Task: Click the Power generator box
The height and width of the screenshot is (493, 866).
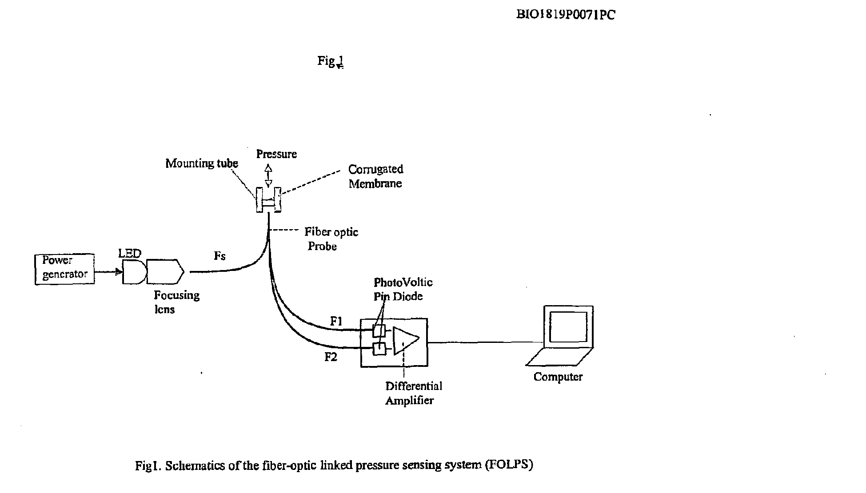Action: pyautogui.click(x=65, y=269)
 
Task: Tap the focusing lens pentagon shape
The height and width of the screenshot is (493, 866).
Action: pyautogui.click(x=165, y=271)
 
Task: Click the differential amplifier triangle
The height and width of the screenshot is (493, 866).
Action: pyautogui.click(x=406, y=341)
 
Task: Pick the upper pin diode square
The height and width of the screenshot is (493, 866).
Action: pyautogui.click(x=379, y=330)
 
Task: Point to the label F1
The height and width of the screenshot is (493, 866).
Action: pyautogui.click(x=336, y=321)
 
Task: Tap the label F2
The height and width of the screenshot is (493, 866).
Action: pyautogui.click(x=331, y=357)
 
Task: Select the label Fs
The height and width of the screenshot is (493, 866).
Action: pyautogui.click(x=220, y=256)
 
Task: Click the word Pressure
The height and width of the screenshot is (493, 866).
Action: pyautogui.click(x=276, y=154)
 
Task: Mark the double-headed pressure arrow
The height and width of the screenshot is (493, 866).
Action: pyautogui.click(x=268, y=175)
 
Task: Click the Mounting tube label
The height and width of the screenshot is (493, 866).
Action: pyautogui.click(x=202, y=163)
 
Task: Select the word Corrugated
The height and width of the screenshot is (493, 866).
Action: pyautogui.click(x=376, y=169)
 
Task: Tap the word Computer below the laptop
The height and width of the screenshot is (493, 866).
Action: pyautogui.click(x=558, y=377)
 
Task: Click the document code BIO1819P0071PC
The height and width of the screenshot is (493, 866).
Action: pyautogui.click(x=566, y=15)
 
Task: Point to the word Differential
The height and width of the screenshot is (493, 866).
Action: pyautogui.click(x=414, y=386)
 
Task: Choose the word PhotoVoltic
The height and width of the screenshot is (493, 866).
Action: pyautogui.click(x=403, y=282)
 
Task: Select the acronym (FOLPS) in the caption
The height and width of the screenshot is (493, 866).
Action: pyautogui.click(x=509, y=465)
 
